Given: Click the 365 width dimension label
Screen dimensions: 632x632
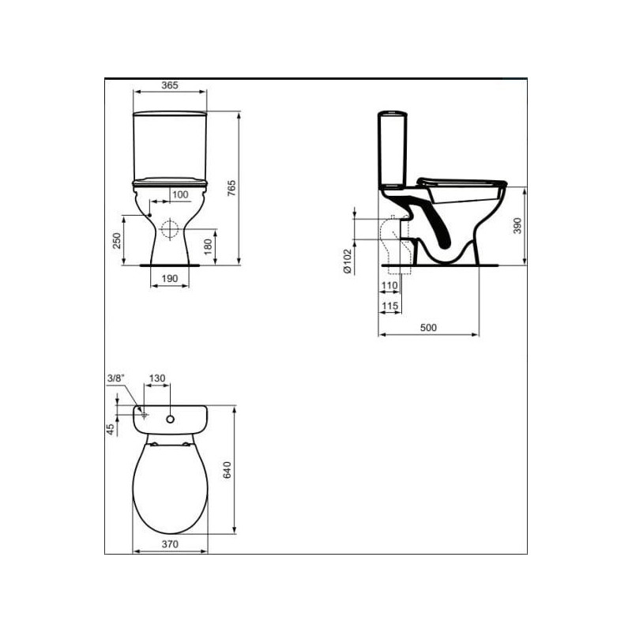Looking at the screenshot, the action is (170, 85).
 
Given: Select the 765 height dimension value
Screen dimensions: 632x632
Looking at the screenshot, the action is (231, 188).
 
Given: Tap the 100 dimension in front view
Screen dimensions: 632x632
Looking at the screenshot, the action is (180, 194).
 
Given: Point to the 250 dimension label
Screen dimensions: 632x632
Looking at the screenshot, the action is (116, 241).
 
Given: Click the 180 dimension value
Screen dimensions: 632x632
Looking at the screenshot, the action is (208, 246).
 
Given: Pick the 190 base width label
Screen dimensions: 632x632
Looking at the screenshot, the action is (170, 279).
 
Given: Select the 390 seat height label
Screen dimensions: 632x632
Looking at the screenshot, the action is (517, 226).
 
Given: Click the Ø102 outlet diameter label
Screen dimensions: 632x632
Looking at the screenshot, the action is (348, 261).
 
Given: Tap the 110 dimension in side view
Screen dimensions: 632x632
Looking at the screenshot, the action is (389, 285).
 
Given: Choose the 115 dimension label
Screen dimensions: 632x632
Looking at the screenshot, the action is (389, 306).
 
